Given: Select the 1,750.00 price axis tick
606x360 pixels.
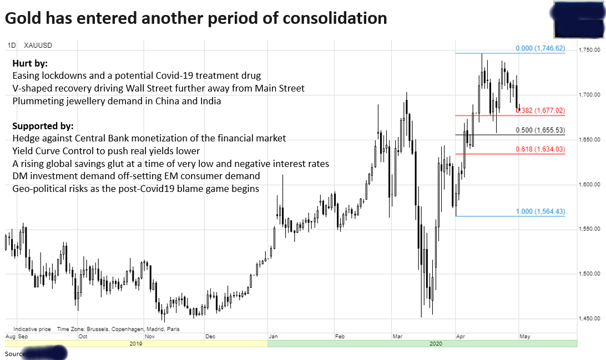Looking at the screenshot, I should click(x=589, y=50).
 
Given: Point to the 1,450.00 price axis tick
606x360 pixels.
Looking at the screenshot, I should click(x=589, y=318).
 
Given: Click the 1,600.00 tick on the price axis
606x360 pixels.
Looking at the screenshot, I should click(x=589, y=184).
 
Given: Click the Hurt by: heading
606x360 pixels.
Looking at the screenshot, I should click(x=30, y=63).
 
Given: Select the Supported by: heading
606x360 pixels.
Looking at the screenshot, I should click(x=43, y=126).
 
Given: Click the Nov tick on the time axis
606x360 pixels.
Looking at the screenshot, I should click(x=150, y=336).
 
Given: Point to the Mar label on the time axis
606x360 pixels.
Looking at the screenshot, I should click(x=396, y=336).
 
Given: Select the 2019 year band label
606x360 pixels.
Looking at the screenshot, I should click(x=136, y=343).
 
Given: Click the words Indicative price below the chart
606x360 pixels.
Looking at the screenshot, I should click(x=32, y=329).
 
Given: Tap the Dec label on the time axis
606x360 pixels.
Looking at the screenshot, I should click(x=210, y=336).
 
